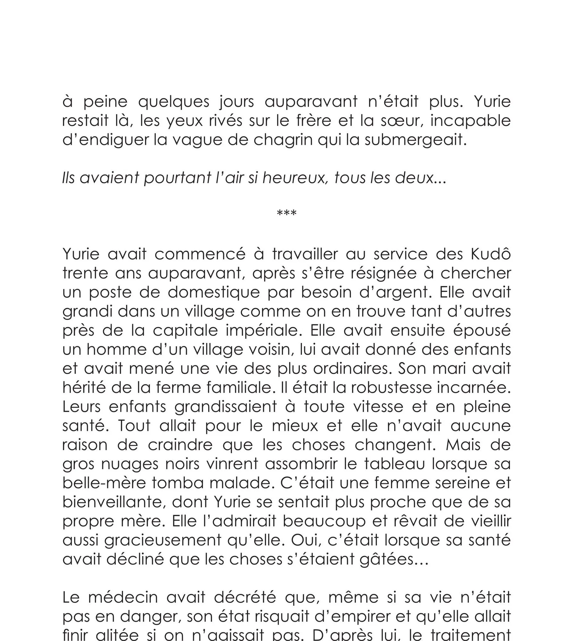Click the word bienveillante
tap(114, 502)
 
